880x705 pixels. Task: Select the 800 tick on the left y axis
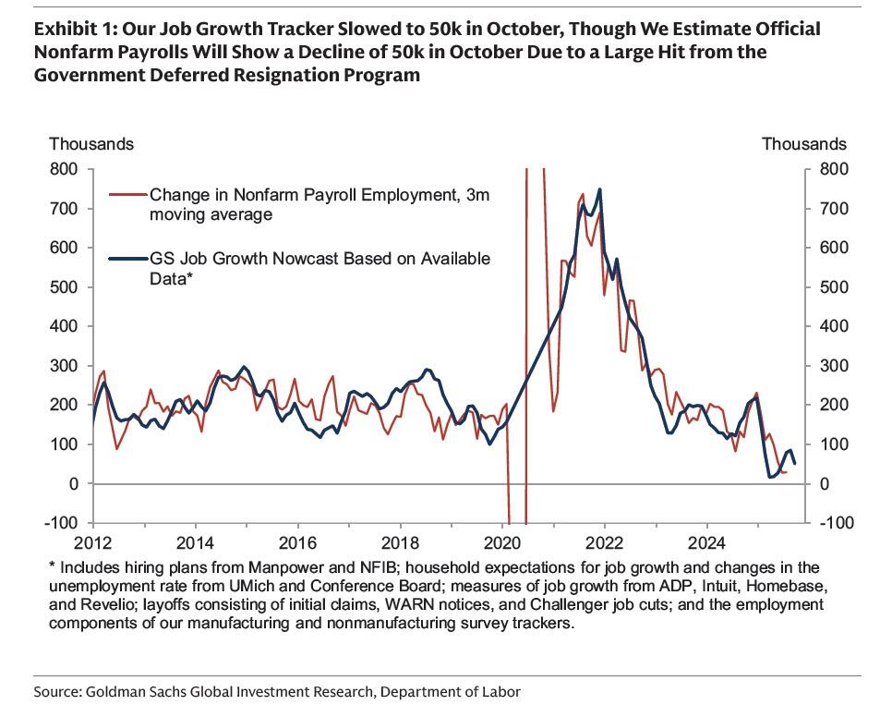tap(64, 169)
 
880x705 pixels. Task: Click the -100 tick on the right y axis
tap(830, 523)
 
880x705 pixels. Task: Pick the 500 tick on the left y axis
tap(64, 287)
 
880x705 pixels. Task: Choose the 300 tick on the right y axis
tap(827, 366)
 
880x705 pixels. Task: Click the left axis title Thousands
tap(91, 144)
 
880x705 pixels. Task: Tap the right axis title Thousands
tap(803, 144)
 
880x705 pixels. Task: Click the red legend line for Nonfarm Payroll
tap(127, 195)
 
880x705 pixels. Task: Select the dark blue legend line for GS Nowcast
tap(127, 259)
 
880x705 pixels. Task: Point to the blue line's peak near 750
tap(599, 189)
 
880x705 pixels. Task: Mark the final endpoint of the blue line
tap(795, 464)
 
